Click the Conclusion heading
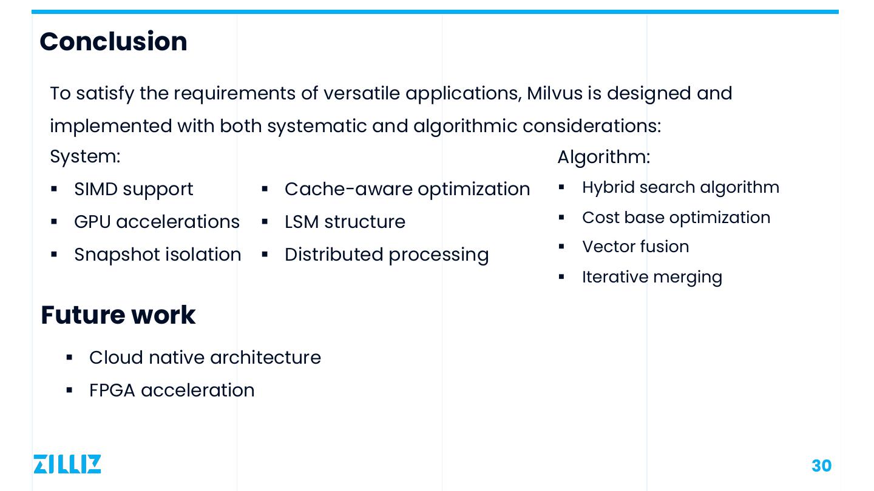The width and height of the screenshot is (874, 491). [x=113, y=42]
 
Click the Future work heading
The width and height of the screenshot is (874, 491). [x=118, y=315]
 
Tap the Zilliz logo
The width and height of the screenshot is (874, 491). [x=67, y=464]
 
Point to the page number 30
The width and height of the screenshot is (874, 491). [x=821, y=466]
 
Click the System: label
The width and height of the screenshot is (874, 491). [x=85, y=156]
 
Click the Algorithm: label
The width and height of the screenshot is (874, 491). [x=603, y=157]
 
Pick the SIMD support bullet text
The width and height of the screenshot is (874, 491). [x=134, y=189]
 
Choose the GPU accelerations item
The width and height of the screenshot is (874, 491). [x=157, y=222]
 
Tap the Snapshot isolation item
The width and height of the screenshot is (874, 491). [x=158, y=255]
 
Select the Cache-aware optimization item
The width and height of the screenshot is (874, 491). [x=407, y=189]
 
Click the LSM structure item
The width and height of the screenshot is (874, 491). [x=345, y=222]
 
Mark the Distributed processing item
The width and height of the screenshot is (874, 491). [x=387, y=255]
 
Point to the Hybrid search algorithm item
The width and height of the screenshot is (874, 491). [x=680, y=187]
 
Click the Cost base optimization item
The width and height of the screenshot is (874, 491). [x=676, y=218]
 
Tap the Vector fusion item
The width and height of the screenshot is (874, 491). [x=635, y=247]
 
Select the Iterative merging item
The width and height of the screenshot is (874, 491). [x=652, y=277]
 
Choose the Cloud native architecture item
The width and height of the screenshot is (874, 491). [x=205, y=358]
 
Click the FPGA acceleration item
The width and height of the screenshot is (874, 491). [x=172, y=390]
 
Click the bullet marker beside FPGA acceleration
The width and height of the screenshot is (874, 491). [x=69, y=390]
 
